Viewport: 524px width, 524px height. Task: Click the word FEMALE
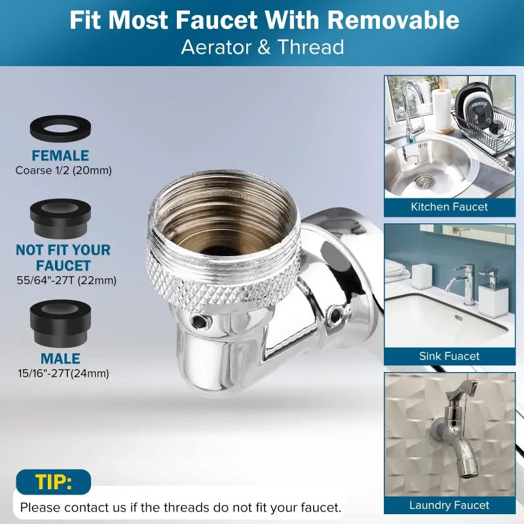60,156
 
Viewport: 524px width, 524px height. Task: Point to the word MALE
60,358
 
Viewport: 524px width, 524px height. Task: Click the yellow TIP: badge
54,482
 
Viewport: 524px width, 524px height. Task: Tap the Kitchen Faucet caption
449,207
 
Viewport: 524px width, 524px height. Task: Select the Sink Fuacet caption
449,356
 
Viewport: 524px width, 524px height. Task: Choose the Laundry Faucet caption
449,505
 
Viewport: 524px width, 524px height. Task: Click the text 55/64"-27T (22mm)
67,280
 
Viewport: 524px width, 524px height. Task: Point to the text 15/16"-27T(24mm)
64,373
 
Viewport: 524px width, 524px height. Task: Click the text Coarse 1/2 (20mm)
64,170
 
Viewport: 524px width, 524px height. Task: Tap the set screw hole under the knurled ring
201,322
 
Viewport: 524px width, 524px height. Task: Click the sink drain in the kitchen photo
424,182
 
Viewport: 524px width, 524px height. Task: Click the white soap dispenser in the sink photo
492,294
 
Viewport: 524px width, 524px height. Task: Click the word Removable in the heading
393,20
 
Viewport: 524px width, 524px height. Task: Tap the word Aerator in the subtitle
217,47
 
